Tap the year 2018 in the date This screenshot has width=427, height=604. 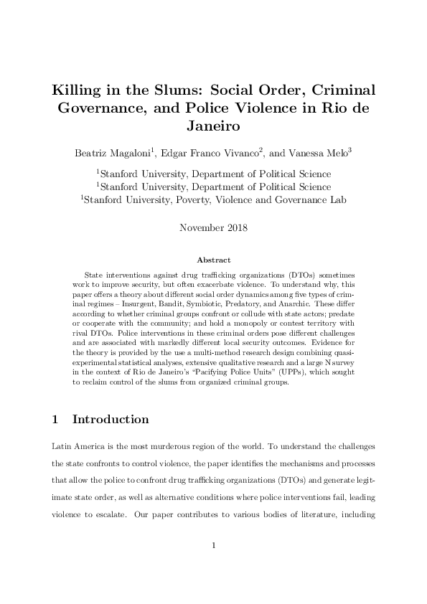pos(234,230)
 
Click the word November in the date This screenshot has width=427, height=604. pos(200,230)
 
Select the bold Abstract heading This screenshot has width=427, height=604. pos(213,260)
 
